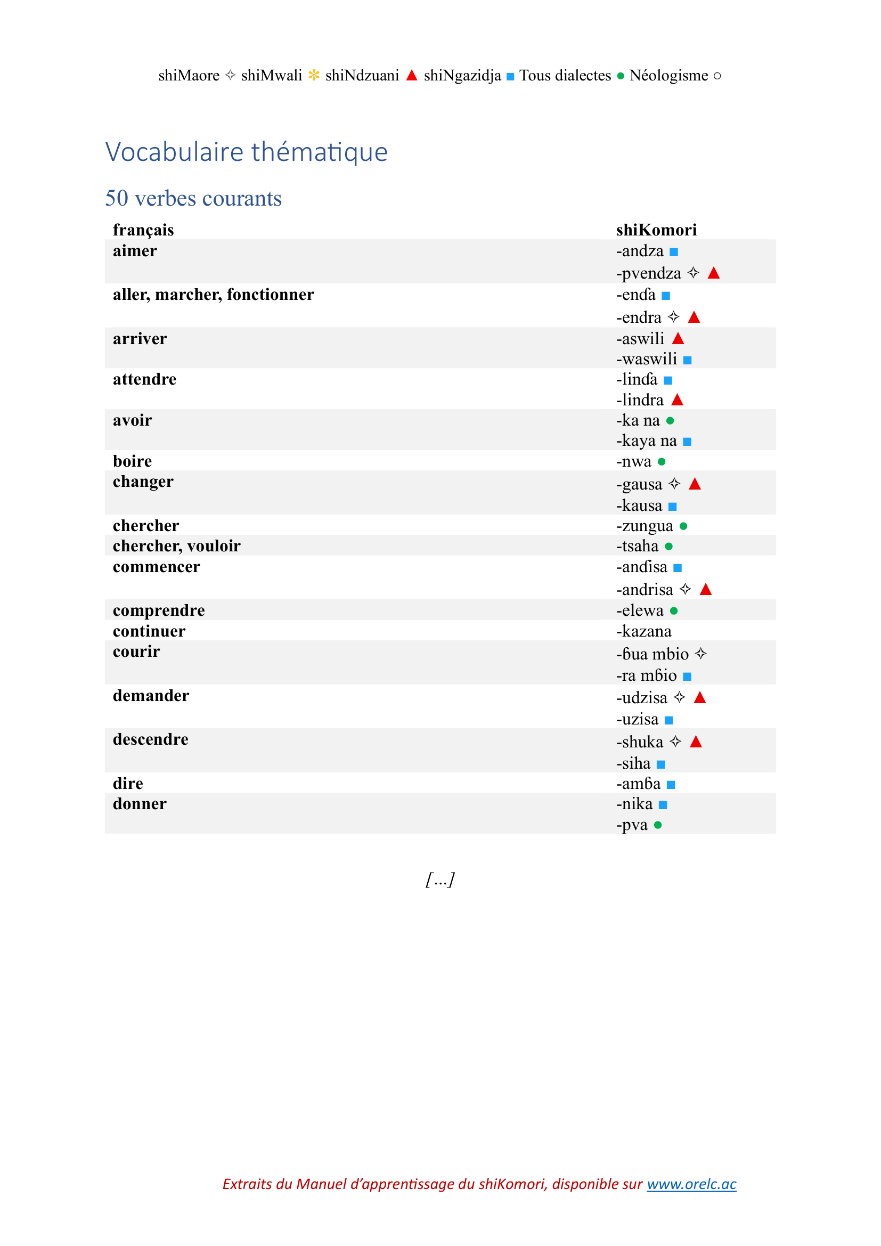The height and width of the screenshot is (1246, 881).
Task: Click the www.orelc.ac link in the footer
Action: pyautogui.click(x=691, y=1184)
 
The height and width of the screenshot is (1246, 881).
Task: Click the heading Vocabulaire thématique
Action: pyautogui.click(x=246, y=152)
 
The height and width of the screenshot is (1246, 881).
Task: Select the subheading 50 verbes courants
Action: pyautogui.click(x=193, y=199)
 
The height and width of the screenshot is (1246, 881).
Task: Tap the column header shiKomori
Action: pyautogui.click(x=656, y=230)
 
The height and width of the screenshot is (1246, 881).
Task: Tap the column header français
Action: pyautogui.click(x=143, y=230)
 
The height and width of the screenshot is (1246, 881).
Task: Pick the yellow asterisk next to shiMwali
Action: pyautogui.click(x=314, y=76)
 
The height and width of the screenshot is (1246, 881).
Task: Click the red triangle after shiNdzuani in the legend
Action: pyautogui.click(x=412, y=76)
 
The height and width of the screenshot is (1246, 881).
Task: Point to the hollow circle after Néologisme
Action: pyautogui.click(x=717, y=76)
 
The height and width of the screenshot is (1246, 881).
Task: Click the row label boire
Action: pyautogui.click(x=133, y=461)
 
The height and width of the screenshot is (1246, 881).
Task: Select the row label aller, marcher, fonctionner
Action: pyautogui.click(x=213, y=295)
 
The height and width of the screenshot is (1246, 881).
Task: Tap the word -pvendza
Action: pyautogui.click(x=648, y=273)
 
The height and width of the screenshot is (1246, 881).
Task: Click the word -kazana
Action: pyautogui.click(x=643, y=631)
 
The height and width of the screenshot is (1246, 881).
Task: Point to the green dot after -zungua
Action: pyautogui.click(x=683, y=526)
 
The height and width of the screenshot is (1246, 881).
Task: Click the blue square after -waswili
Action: pyautogui.click(x=687, y=360)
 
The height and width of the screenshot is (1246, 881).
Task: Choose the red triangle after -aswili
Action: pyautogui.click(x=678, y=339)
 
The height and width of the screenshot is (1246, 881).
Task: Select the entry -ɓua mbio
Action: pyautogui.click(x=652, y=654)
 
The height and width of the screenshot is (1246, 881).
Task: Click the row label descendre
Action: pyautogui.click(x=150, y=739)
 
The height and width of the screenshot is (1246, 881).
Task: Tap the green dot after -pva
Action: pyautogui.click(x=658, y=825)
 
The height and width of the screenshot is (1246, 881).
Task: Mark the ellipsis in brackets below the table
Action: pyautogui.click(x=440, y=879)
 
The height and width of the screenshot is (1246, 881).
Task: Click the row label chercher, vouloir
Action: pyautogui.click(x=176, y=546)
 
